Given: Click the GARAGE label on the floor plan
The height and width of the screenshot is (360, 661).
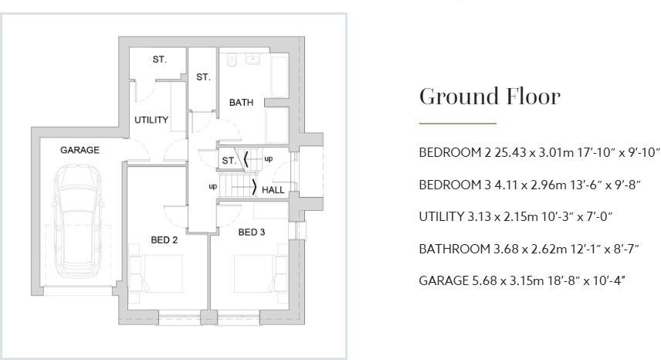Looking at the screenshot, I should [80, 150].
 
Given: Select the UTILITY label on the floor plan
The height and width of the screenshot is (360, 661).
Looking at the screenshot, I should [151, 120].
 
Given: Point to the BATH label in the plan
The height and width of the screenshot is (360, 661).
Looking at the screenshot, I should [241, 102].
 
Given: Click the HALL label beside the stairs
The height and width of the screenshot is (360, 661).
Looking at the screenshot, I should [273, 189].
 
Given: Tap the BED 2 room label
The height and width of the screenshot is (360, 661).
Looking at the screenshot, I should [164, 240].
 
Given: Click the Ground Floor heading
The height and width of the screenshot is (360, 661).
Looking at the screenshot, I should [489, 97].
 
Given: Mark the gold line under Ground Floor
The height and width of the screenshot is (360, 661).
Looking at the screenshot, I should [457, 124].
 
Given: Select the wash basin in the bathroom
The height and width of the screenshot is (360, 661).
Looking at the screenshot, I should [252, 59].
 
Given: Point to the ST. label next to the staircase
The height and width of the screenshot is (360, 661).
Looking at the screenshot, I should [229, 160].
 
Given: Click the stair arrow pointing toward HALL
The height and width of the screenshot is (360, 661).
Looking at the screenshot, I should [255, 188].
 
